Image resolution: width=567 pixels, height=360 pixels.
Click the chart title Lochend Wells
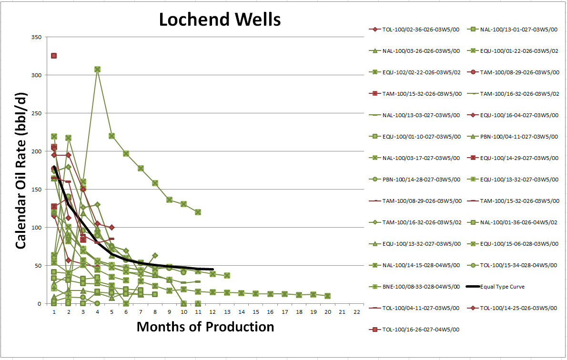point(219,20)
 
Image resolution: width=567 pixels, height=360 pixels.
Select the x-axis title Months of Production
point(205,327)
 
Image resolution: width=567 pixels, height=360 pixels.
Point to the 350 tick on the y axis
point(36,37)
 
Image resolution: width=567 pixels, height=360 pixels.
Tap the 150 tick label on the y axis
point(36,190)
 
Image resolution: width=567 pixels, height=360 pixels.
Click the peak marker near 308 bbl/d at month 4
point(97,70)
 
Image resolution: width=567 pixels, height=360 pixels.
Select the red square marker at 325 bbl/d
point(54,56)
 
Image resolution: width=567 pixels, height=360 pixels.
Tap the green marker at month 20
point(327,296)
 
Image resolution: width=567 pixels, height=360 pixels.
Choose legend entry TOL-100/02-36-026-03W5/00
point(415,29)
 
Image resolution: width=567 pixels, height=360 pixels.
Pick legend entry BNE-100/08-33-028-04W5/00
point(415,287)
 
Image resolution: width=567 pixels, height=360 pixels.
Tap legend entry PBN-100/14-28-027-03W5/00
point(415,180)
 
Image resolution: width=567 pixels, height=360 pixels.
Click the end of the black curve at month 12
point(212,270)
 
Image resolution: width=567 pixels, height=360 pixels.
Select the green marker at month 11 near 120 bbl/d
point(198,212)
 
